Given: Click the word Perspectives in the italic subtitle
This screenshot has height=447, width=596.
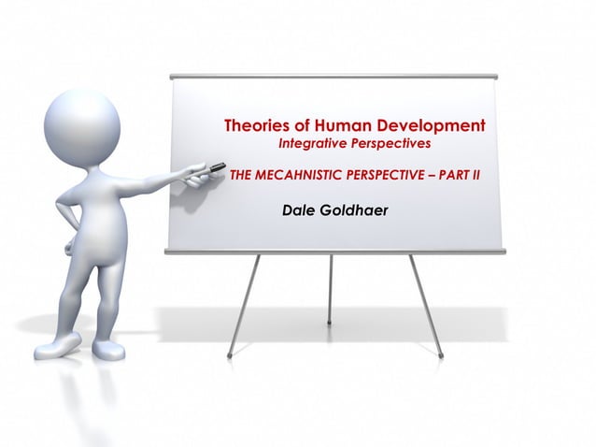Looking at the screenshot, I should tap(391, 145).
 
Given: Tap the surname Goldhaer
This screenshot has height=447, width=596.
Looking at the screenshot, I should tap(354, 210).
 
